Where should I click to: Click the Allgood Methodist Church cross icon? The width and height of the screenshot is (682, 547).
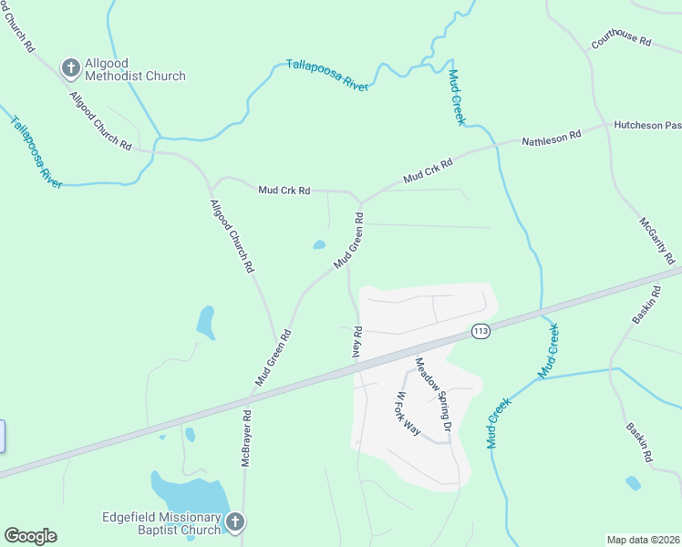(70, 67)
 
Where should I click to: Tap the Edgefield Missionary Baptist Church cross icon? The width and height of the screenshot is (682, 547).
(234, 522)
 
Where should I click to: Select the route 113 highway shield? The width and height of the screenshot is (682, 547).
(481, 330)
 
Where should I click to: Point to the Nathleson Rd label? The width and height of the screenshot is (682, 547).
(551, 139)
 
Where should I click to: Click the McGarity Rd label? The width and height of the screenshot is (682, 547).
(656, 234)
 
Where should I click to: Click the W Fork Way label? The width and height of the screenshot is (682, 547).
(407, 413)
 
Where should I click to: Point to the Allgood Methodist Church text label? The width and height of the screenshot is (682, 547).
(135, 69)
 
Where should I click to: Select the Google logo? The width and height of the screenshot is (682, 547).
(30, 536)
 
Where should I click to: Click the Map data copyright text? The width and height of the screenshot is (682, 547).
(642, 539)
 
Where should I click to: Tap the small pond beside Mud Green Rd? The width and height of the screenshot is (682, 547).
(319, 244)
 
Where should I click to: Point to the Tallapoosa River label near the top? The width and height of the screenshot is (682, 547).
(326, 74)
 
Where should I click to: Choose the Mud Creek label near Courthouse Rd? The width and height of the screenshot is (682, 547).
(457, 97)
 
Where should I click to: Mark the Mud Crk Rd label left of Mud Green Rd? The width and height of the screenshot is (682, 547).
(284, 191)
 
